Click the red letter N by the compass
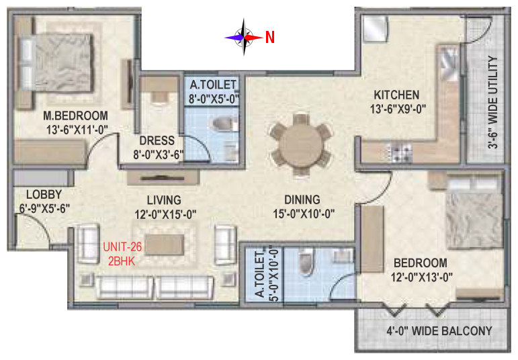pyautogui.click(x=270, y=38)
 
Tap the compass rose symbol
pyautogui.click(x=244, y=38)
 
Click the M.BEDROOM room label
pyautogui.click(x=76, y=116)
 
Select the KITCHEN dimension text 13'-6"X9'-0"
pyautogui.click(x=398, y=109)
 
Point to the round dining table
pyautogui.click(x=300, y=146)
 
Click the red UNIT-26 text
pyautogui.click(x=122, y=246)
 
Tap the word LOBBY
pyautogui.click(x=44, y=195)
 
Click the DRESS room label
pyautogui.click(x=157, y=140)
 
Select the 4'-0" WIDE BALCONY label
pyautogui.click(x=439, y=331)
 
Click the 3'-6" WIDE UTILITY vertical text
pyautogui.click(x=492, y=102)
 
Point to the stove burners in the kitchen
pyautogui.click(x=401, y=152)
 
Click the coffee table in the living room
pyautogui.click(x=165, y=244)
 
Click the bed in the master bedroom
pyautogui.click(x=55, y=62)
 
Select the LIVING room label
pyautogui.click(x=164, y=200)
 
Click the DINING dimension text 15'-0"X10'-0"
pyautogui.click(x=304, y=214)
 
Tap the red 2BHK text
pyautogui.click(x=122, y=261)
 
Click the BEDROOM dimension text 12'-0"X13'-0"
pyautogui.click(x=421, y=277)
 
